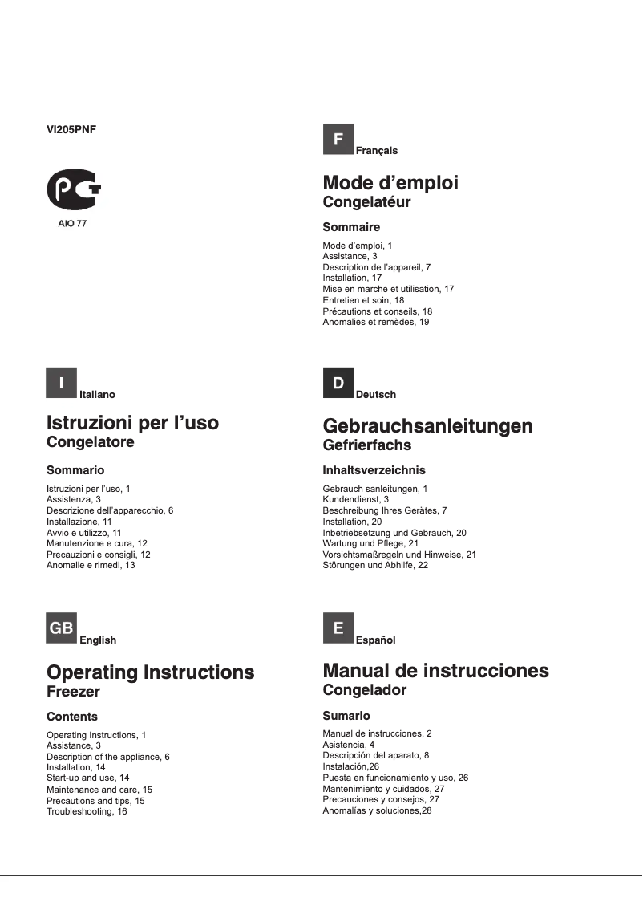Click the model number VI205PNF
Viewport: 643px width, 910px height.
click(x=71, y=127)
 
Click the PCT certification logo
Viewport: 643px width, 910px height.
click(x=74, y=189)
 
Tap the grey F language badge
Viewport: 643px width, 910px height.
click(x=338, y=140)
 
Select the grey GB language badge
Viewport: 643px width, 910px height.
click(x=62, y=628)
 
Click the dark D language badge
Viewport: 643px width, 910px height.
click(x=338, y=383)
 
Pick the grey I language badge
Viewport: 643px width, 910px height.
click(x=62, y=383)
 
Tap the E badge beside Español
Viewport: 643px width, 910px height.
click(x=338, y=628)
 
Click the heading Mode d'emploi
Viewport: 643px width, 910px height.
click(x=390, y=183)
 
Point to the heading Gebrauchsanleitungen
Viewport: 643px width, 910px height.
click(x=427, y=425)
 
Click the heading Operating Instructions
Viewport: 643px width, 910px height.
click(x=151, y=672)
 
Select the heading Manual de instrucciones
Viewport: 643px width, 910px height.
click(x=435, y=671)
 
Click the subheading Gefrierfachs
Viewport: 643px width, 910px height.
click(x=366, y=445)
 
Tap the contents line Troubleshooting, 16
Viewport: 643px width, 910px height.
click(x=87, y=811)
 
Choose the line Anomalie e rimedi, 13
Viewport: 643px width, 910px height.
click(x=91, y=566)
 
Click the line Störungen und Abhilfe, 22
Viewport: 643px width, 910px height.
click(x=375, y=566)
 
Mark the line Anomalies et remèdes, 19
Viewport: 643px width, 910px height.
click(x=375, y=322)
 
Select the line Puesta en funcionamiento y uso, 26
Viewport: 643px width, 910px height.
click(x=395, y=778)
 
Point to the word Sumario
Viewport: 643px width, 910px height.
click(x=346, y=716)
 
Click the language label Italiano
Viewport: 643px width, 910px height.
click(x=97, y=394)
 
